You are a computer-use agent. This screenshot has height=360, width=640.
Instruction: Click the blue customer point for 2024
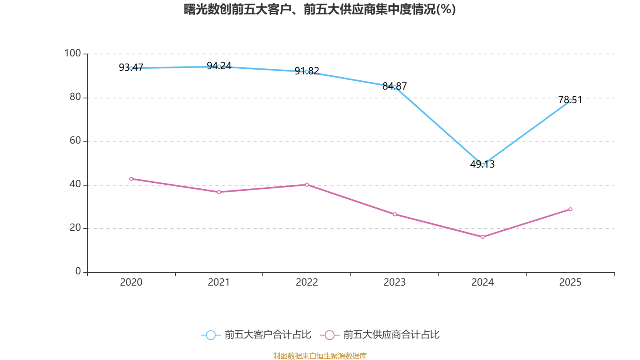(482, 165)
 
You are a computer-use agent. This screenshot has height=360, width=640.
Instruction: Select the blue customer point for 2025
(570, 101)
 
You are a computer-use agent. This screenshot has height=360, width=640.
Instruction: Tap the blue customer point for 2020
(131, 68)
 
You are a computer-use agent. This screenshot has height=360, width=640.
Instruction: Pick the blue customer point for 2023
(395, 87)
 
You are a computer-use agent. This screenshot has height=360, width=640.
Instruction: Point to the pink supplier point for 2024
(482, 237)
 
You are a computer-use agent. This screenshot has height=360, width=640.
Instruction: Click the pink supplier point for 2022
(307, 185)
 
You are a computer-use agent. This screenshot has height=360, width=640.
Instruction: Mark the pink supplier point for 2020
(131, 179)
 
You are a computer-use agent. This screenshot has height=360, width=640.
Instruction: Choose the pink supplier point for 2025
(570, 209)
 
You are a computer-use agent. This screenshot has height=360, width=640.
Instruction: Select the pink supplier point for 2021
(219, 192)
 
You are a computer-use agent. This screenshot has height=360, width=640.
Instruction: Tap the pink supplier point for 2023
(395, 214)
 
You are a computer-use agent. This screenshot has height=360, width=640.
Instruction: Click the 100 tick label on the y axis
(72, 53)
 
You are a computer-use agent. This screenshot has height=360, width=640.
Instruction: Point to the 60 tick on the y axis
(75, 140)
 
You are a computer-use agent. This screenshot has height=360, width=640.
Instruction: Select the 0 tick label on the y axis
(78, 272)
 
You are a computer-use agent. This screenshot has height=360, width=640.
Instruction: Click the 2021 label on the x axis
(219, 282)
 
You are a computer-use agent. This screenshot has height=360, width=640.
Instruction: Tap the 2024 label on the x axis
(482, 282)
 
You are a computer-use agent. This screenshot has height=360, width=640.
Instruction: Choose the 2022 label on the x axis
(307, 282)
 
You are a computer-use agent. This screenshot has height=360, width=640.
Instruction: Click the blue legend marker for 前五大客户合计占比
(210, 335)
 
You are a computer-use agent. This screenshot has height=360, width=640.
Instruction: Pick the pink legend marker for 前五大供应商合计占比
(329, 335)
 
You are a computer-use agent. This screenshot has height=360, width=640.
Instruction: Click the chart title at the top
(320, 9)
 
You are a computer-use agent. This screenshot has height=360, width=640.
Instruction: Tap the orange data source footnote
(320, 356)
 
